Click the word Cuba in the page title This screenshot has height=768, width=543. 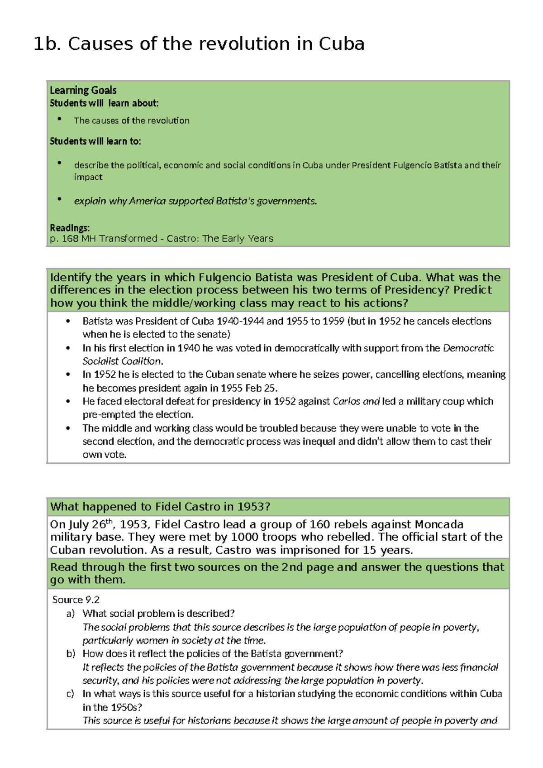pyautogui.click(x=341, y=44)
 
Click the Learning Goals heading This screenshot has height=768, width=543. pyautogui.click(x=83, y=90)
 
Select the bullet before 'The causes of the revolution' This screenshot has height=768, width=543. pyautogui.click(x=59, y=119)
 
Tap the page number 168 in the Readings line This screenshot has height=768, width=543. pyautogui.click(x=70, y=239)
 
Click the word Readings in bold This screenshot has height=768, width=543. pyautogui.click(x=70, y=227)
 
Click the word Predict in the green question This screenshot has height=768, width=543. pyautogui.click(x=472, y=290)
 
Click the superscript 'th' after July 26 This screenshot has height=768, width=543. pyautogui.click(x=109, y=521)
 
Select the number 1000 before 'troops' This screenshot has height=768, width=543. pyautogui.click(x=244, y=537)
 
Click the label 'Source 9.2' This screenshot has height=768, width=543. pyautogui.click(x=76, y=600)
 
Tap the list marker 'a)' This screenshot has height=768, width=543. pyautogui.click(x=70, y=614)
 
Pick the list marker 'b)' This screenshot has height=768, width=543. pyautogui.click(x=70, y=653)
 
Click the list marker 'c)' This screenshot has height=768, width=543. pyautogui.click(x=70, y=694)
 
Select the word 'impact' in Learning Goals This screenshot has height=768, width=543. pyautogui.click(x=88, y=177)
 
